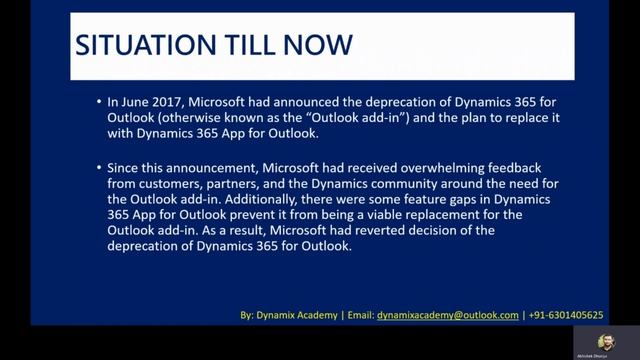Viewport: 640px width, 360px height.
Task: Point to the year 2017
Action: [173, 101]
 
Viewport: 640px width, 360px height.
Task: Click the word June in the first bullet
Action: [138, 101]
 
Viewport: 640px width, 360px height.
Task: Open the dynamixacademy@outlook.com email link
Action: [448, 315]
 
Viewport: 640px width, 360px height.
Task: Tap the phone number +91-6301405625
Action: [568, 315]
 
